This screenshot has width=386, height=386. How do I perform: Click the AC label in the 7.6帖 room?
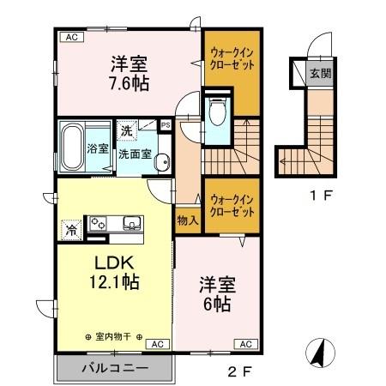click(x=69, y=37)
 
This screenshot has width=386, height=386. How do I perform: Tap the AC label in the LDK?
click(x=157, y=343)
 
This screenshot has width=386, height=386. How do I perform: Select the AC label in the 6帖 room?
click(x=244, y=343)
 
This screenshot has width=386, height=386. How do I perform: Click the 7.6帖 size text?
click(x=129, y=83)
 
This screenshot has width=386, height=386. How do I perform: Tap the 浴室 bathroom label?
click(x=98, y=148)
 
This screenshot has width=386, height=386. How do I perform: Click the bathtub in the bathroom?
click(x=72, y=148)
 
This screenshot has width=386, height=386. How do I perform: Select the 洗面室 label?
click(x=136, y=155)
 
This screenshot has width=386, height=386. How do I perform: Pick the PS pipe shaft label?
click(x=165, y=125)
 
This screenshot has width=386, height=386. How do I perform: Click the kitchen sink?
click(x=133, y=224)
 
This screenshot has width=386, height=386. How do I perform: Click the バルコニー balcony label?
click(x=116, y=368)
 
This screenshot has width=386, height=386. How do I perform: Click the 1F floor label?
click(x=322, y=196)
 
